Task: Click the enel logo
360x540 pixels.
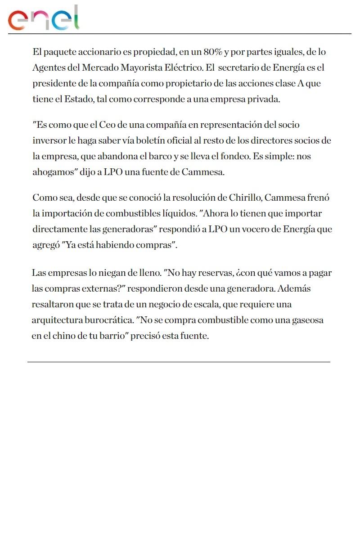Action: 44,18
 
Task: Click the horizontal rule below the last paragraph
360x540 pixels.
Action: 179,362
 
